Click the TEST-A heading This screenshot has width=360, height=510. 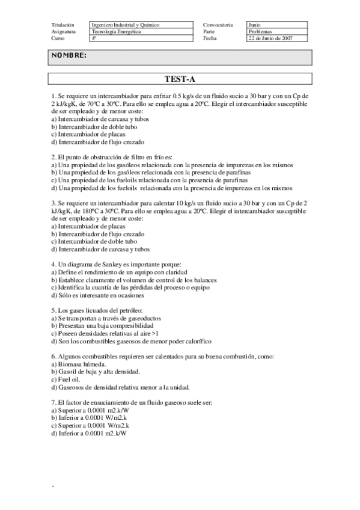point(180,79)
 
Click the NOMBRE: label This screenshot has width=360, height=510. point(69,56)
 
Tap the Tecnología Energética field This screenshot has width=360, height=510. point(117,31)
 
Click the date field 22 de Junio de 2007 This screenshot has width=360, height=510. point(270,38)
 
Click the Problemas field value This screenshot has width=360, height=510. point(260,31)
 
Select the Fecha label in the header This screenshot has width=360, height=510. point(210,38)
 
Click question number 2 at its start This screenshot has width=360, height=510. point(53,156)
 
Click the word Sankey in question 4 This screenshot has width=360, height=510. point(106,265)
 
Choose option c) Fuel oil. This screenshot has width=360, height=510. point(67,379)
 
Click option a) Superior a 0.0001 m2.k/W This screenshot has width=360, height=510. point(91,410)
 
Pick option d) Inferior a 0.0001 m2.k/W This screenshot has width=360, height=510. point(91,433)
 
